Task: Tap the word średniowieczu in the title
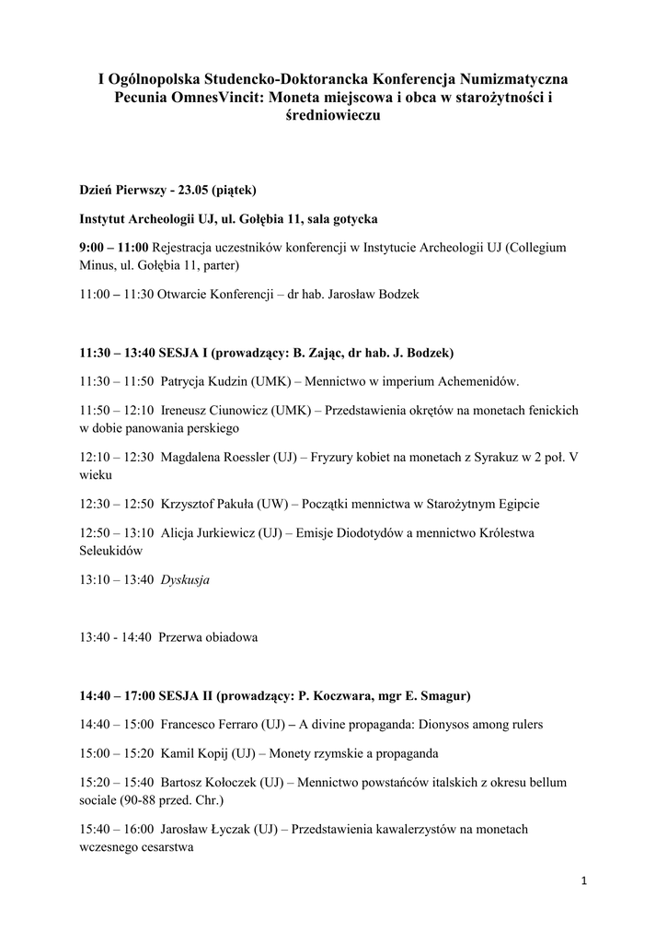pyautogui.click(x=333, y=116)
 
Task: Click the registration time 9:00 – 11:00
pyautogui.click(x=114, y=249)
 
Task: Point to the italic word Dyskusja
pyautogui.click(x=185, y=580)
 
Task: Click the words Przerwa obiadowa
pyautogui.click(x=209, y=637)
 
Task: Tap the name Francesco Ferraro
pyautogui.click(x=209, y=725)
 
